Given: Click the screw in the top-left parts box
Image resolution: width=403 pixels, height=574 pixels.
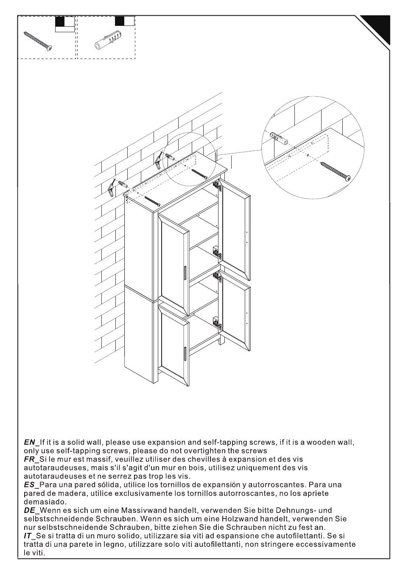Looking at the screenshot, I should click(x=38, y=41).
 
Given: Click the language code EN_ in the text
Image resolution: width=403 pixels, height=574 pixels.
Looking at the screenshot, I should click(x=31, y=442).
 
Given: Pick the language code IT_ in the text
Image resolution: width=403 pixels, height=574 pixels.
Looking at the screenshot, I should click(x=29, y=536).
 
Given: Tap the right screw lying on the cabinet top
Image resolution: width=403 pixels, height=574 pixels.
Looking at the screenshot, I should click(x=199, y=174).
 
